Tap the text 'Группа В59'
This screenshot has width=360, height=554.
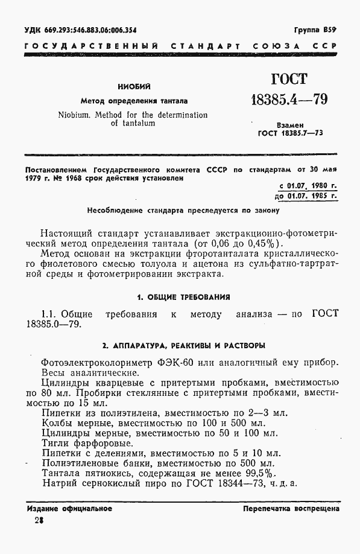point(315,30)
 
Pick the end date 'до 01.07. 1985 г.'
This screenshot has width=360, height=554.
point(305,196)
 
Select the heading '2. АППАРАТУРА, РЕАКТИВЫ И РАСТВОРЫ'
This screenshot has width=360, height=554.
point(183,346)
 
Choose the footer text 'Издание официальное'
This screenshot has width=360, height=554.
point(70,509)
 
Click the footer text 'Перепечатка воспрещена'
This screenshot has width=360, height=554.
point(291,509)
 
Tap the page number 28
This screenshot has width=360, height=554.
point(40,521)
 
